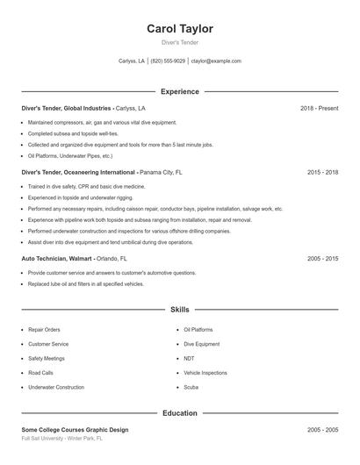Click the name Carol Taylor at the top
pyautogui.click(x=180, y=29)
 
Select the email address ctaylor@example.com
pyautogui.click(x=215, y=61)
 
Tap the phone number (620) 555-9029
pyautogui.click(x=168, y=61)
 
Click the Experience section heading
pyautogui.click(x=180, y=91)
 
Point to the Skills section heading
pyautogui.click(x=180, y=310)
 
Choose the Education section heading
pyautogui.click(x=180, y=412)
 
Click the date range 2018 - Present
pyautogui.click(x=319, y=108)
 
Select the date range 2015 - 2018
pyautogui.click(x=322, y=173)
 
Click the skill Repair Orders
pyautogui.click(x=44, y=330)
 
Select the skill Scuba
pyautogui.click(x=191, y=387)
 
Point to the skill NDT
pyautogui.click(x=189, y=358)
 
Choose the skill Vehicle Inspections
pyautogui.click(x=205, y=373)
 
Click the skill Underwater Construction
pyautogui.click(x=56, y=387)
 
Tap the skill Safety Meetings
pyautogui.click(x=47, y=358)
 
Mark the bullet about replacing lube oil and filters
pyautogui.click(x=85, y=284)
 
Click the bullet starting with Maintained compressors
pyautogui.click(x=102, y=123)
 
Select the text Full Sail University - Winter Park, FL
pyautogui.click(x=62, y=437)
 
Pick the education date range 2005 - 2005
pyautogui.click(x=322, y=430)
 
